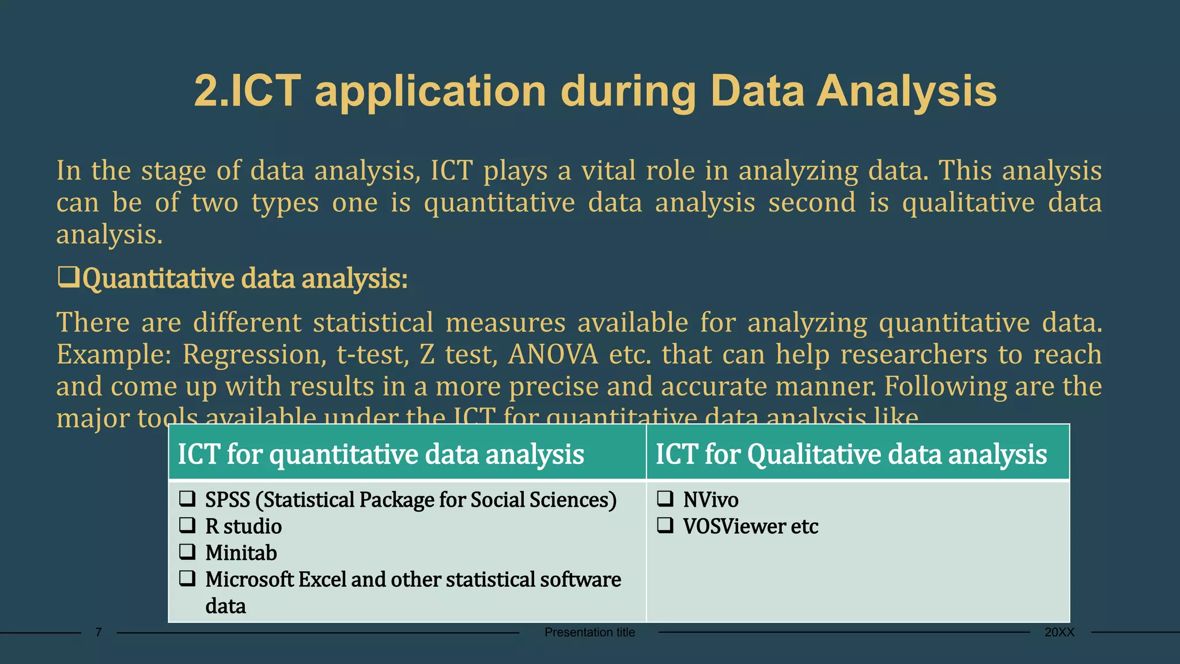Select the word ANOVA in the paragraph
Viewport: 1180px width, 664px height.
coord(553,354)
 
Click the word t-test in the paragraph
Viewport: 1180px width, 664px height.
coord(372,354)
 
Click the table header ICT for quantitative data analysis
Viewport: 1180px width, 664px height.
coord(381,454)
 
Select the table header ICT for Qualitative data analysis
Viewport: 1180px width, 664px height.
coord(851,454)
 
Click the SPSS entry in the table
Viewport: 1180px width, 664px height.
coord(227,500)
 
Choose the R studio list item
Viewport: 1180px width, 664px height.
coord(243,526)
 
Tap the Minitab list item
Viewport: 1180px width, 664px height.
coord(241,553)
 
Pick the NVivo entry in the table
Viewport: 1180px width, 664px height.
coord(710,500)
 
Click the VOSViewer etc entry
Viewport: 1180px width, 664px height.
coord(750,526)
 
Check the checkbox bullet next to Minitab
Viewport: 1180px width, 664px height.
coord(187,552)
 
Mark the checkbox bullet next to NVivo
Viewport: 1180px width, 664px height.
coord(665,499)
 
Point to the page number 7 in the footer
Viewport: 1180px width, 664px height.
coord(99,632)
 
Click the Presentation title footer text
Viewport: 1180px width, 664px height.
coord(589,632)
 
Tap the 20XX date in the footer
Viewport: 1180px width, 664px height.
coord(1059,632)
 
